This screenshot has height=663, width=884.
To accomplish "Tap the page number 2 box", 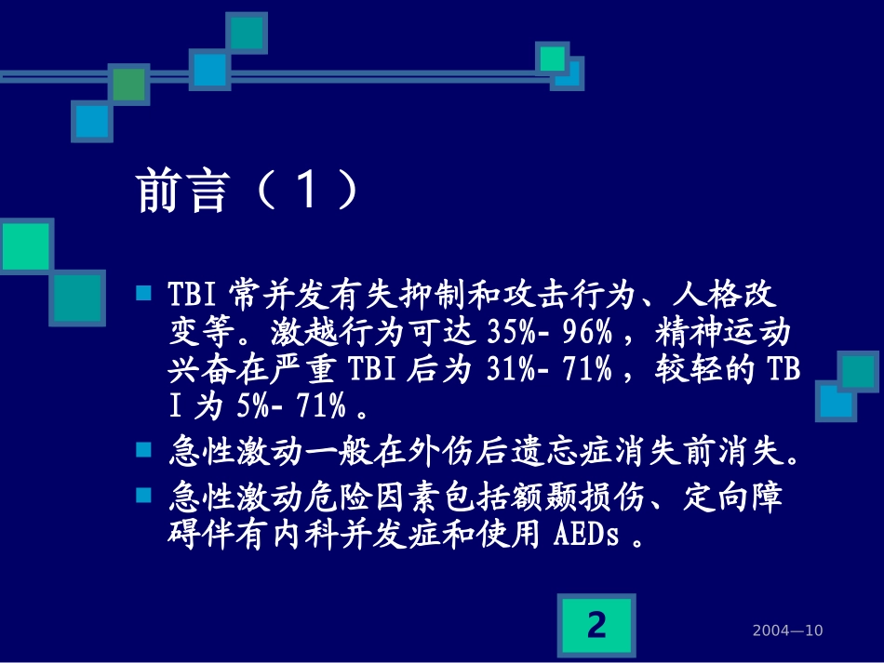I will point(596,625).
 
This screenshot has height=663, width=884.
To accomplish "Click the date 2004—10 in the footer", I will point(787,631).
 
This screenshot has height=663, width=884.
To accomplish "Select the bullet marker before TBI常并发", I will point(143,294).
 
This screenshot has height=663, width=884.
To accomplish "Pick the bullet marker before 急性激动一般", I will point(143,449).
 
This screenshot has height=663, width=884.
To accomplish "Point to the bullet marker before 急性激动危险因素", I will point(143,494).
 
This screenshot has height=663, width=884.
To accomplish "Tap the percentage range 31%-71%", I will point(550,369).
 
